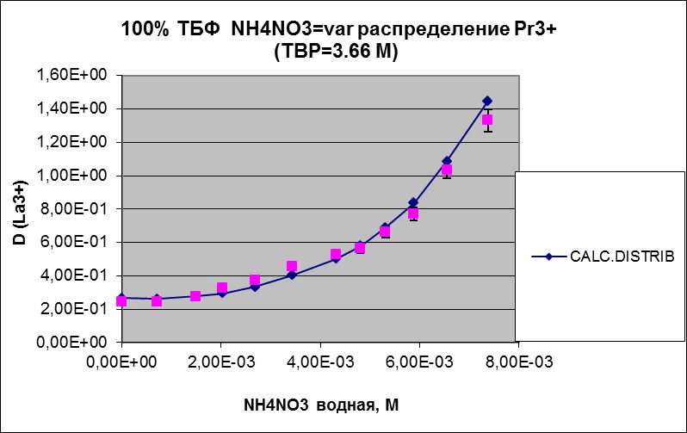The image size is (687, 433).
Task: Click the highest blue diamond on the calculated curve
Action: pyautogui.click(x=487, y=101)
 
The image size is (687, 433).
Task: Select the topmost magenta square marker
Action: pyautogui.click(x=487, y=121)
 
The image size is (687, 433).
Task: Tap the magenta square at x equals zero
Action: pyautogui.click(x=122, y=300)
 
